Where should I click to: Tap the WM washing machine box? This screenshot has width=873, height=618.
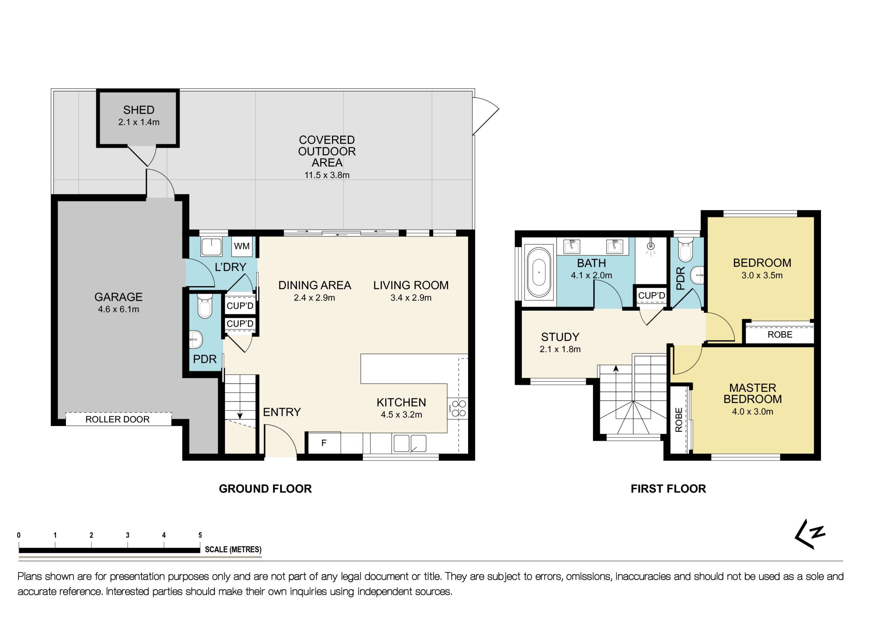(x=241, y=246)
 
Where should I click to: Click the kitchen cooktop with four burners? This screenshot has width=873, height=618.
(x=458, y=408)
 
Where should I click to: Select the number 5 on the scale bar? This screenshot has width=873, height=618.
(x=200, y=535)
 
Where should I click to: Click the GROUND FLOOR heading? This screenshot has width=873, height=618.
(x=265, y=489)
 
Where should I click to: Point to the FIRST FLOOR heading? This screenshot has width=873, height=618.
(x=668, y=489)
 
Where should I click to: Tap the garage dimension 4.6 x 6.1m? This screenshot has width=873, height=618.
(x=118, y=309)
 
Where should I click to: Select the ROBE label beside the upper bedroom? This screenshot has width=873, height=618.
(x=779, y=334)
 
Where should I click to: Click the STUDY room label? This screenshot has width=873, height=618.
(x=560, y=337)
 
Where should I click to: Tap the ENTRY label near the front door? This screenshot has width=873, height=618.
(x=282, y=412)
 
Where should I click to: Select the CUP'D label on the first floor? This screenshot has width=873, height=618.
(x=651, y=295)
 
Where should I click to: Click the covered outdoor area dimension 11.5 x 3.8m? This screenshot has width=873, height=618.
(x=327, y=175)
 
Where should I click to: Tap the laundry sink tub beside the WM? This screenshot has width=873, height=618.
(x=212, y=247)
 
